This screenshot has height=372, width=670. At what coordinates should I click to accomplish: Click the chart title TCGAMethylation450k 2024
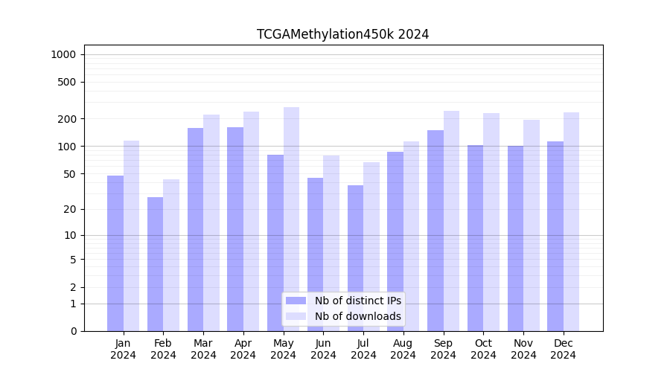pyautogui.click(x=342, y=34)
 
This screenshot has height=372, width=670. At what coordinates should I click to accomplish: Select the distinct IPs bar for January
pyautogui.click(x=115, y=253)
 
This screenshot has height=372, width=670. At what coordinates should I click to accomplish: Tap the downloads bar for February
pyautogui.click(x=171, y=255)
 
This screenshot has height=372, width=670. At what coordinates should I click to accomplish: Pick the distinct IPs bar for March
pyautogui.click(x=195, y=229)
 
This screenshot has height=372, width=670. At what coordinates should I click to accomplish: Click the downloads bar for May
pyautogui.click(x=291, y=219)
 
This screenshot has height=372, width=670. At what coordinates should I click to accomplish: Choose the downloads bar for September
pyautogui.click(x=451, y=221)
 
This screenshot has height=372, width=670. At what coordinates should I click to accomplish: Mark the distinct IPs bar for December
pyautogui.click(x=555, y=236)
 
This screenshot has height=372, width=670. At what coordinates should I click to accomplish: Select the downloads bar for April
pyautogui.click(x=251, y=221)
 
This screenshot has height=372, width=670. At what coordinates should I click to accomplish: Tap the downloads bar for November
pyautogui.click(x=532, y=225)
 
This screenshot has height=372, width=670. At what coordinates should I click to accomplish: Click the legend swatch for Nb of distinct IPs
pyautogui.click(x=296, y=301)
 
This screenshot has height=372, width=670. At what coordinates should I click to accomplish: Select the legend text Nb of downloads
pyautogui.click(x=358, y=316)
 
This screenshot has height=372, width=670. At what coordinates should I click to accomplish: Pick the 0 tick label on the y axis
pyautogui.click(x=73, y=331)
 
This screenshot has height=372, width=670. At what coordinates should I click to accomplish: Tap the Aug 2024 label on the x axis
pyautogui.click(x=403, y=349)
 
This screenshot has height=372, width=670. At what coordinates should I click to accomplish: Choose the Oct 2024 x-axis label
pyautogui.click(x=483, y=349)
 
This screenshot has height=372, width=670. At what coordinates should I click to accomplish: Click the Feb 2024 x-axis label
pyautogui.click(x=163, y=349)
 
